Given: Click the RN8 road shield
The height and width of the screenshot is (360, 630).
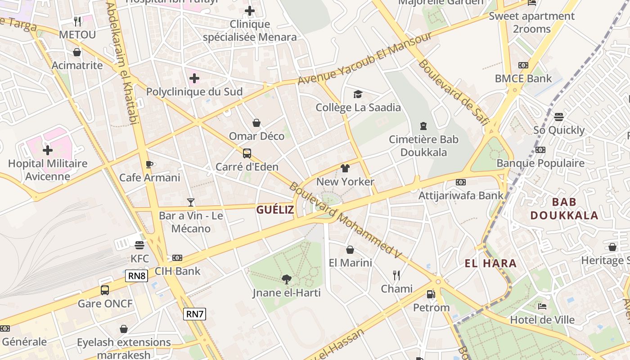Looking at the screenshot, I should point(137,275).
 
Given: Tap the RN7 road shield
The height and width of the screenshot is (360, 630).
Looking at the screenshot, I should point(194,314).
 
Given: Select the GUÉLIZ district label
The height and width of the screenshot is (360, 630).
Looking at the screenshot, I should point(275,209).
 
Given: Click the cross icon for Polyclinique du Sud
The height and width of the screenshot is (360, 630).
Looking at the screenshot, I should point(194,78).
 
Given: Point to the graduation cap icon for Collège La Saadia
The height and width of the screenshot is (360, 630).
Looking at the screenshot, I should point(358,94).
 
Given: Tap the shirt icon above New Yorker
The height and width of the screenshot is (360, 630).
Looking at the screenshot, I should point(345,168).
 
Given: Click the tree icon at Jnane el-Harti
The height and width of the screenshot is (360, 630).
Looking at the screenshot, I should point(286,279).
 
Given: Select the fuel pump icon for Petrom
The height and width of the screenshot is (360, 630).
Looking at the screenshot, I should point(431,294).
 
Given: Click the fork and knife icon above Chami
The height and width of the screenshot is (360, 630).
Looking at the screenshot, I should point(396,275).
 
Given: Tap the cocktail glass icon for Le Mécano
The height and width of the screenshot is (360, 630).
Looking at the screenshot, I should point(191,202).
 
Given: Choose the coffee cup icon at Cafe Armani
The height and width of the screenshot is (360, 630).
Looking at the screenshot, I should point(149,164).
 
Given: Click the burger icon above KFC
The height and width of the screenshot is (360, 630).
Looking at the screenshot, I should point(139,245).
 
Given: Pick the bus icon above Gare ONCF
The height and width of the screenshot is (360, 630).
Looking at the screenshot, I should point(105,290).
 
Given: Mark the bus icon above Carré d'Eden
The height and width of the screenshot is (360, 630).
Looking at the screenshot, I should point(247,153).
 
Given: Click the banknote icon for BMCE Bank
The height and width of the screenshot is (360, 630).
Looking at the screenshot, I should point(523,65).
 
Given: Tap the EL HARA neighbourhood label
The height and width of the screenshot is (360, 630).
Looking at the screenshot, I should point(490,263).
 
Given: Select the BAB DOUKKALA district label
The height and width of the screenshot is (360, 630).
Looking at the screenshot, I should point(564,208).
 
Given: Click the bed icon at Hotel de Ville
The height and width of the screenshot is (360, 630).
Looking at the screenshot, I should point(542,306).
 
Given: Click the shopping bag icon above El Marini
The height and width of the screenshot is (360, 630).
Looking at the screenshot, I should point(350,249).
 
